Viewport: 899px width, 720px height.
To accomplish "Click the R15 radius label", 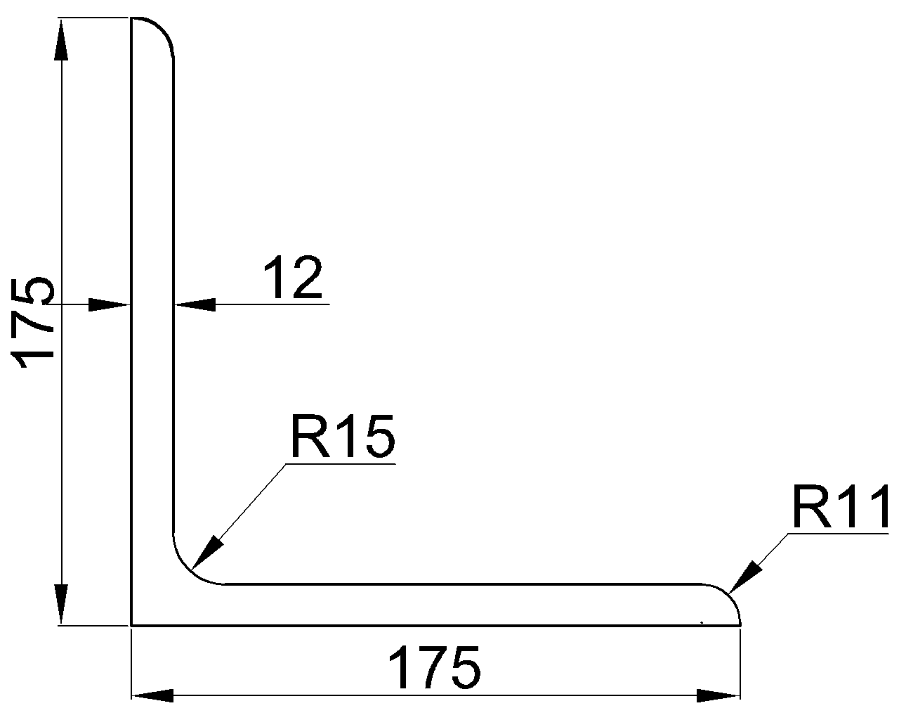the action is (x=343, y=437).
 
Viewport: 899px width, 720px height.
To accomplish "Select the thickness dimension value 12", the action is (x=294, y=277).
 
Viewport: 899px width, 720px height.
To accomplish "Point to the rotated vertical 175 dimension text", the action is (x=32, y=322).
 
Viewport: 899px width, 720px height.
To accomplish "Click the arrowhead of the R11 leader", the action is (x=744, y=577).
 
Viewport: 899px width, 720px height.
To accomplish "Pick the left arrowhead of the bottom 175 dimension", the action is (x=152, y=695).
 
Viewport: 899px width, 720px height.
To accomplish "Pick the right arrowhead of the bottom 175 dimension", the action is (x=718, y=695).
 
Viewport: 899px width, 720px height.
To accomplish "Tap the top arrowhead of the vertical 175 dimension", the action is (x=61, y=39).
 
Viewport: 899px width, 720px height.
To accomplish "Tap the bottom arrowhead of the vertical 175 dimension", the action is (x=61, y=604).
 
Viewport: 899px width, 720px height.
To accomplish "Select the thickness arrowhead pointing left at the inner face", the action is (x=195, y=305).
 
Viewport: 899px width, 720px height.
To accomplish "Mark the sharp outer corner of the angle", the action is (x=131, y=626).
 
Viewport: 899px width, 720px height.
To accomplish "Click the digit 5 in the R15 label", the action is (x=379, y=437).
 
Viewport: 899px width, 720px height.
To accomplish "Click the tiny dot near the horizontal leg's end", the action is (x=702, y=622).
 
